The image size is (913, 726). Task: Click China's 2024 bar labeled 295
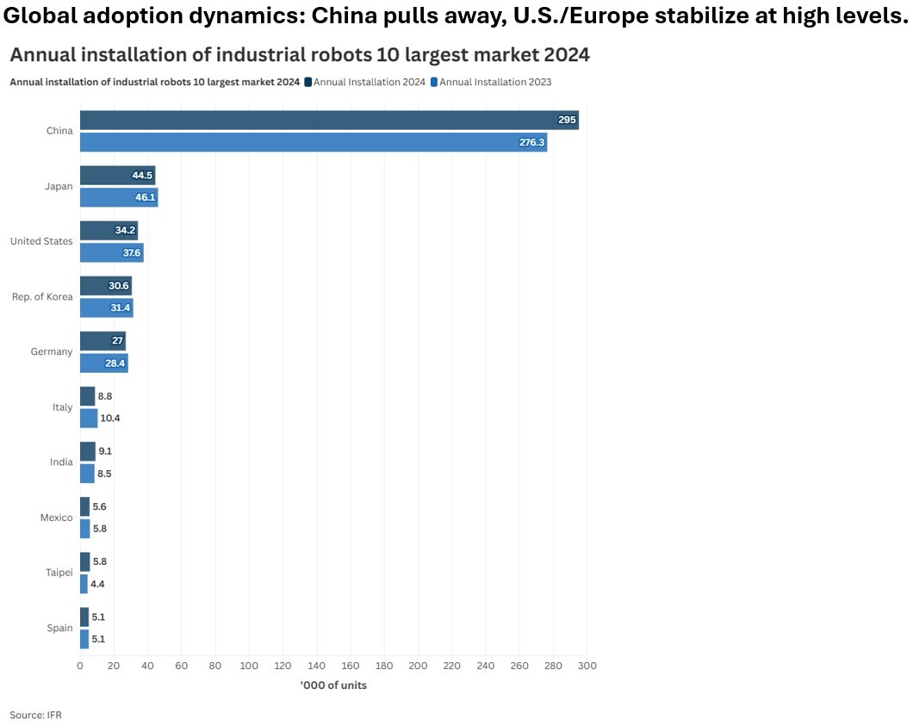[329, 120]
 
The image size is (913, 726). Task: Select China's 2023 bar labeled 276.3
[314, 142]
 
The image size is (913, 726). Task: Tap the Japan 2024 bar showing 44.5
[117, 175]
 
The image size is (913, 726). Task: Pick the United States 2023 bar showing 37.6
[111, 252]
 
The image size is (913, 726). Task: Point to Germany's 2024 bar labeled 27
[102, 340]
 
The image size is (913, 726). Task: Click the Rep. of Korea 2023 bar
[106, 307]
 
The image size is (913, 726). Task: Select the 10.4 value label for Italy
[110, 418]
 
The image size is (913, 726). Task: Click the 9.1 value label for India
[105, 450]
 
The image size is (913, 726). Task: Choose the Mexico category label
[56, 518]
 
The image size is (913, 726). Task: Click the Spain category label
[59, 628]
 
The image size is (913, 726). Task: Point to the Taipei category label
[59, 573]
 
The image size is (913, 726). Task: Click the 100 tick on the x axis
[249, 666]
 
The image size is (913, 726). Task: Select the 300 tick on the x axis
[587, 666]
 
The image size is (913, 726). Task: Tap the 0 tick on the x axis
[80, 666]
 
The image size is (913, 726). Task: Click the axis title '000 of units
[333, 686]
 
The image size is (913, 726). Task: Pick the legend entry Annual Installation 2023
[495, 82]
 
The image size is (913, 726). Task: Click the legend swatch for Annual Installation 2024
[307, 82]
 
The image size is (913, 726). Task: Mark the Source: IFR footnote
[35, 715]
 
